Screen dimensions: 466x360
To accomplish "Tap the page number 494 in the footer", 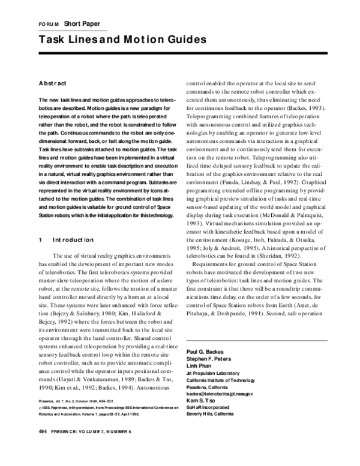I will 43,449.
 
